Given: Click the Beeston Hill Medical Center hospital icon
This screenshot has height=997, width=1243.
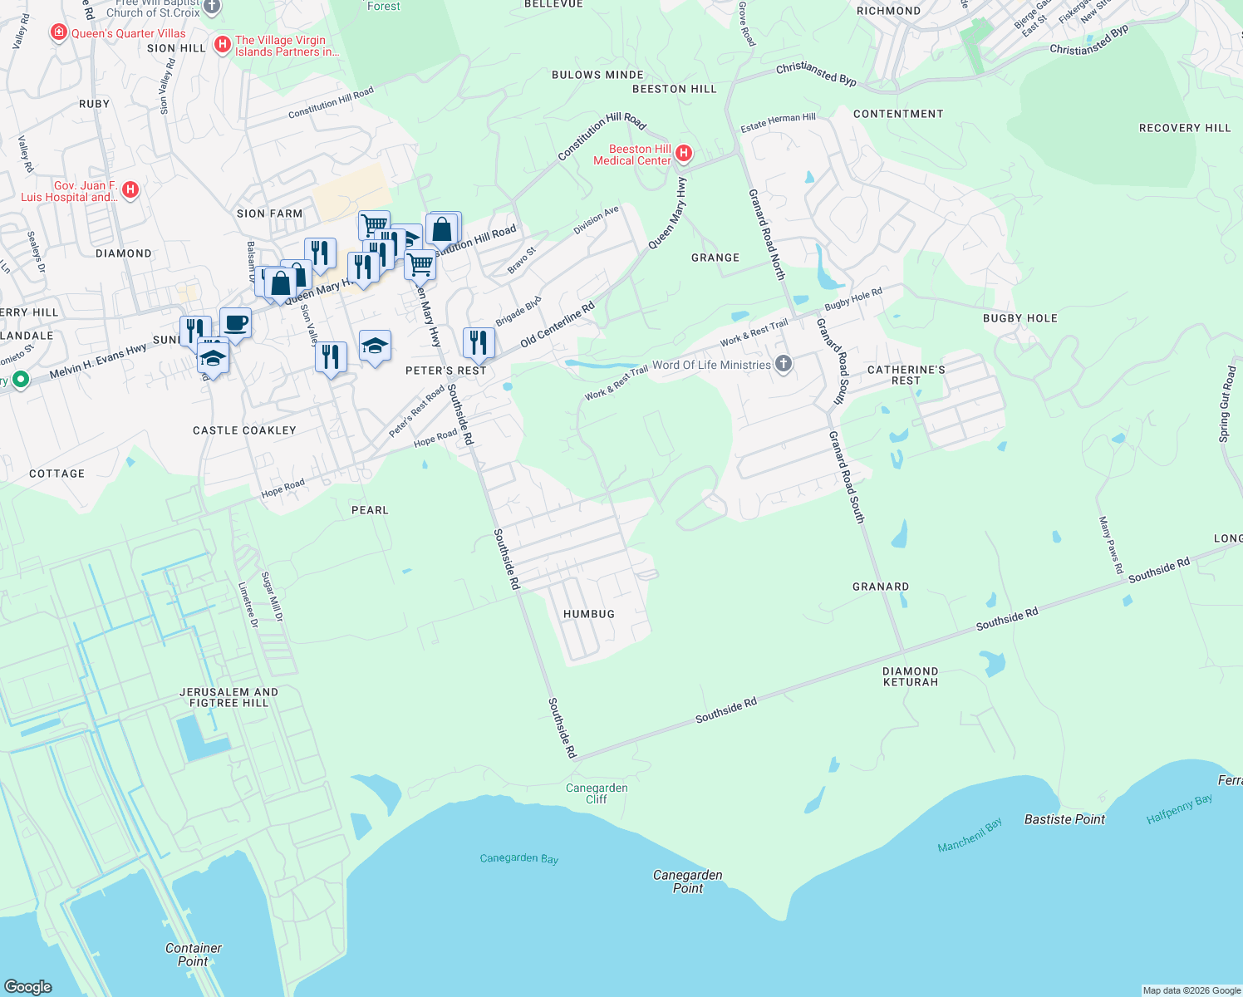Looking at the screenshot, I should pyautogui.click(x=684, y=153).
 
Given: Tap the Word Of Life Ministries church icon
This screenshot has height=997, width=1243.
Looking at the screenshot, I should pyautogui.click(x=783, y=364).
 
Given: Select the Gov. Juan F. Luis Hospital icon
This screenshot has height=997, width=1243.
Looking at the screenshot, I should pyautogui.click(x=129, y=190).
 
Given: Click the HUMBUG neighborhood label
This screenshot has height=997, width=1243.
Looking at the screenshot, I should pyautogui.click(x=589, y=614).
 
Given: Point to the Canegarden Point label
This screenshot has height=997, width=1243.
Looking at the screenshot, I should pyautogui.click(x=688, y=882).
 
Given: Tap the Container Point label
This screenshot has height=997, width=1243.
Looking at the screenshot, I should pyautogui.click(x=194, y=955).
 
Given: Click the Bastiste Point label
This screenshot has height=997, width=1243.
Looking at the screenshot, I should pyautogui.click(x=1064, y=819).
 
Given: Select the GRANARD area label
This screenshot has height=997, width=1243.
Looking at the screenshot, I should pyautogui.click(x=881, y=587).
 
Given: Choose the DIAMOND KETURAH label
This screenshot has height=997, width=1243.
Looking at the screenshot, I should pyautogui.click(x=911, y=676).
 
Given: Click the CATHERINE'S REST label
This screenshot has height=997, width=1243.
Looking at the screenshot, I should pyautogui.click(x=906, y=375).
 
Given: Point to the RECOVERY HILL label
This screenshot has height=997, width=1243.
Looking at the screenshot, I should pyautogui.click(x=1185, y=128).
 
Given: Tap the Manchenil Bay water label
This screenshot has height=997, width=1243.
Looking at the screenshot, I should pyautogui.click(x=970, y=835).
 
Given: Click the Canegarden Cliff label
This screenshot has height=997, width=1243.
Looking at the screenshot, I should pyautogui.click(x=597, y=793).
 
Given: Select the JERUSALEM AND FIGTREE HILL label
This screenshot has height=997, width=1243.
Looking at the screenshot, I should pyautogui.click(x=229, y=697).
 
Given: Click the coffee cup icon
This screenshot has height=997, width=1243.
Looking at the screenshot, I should pyautogui.click(x=235, y=322).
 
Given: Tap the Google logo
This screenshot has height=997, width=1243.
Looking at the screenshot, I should pyautogui.click(x=28, y=986).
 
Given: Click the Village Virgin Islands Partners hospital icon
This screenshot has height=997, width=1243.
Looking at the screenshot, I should pyautogui.click(x=222, y=45).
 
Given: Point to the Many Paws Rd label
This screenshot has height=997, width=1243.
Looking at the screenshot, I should pyautogui.click(x=1111, y=545).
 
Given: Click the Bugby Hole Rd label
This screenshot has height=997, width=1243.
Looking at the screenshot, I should pyautogui.click(x=853, y=299).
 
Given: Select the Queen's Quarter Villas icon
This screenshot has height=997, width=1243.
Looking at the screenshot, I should pyautogui.click(x=58, y=33).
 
